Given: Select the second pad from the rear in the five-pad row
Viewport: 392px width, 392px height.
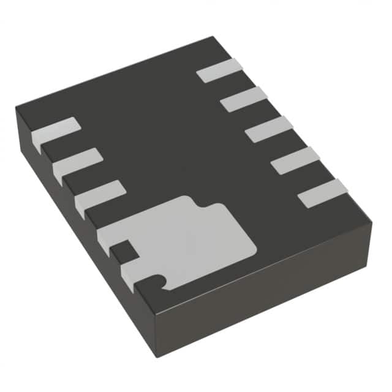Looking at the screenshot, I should coord(244,99).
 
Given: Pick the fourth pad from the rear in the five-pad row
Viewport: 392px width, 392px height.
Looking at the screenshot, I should coord(295,160).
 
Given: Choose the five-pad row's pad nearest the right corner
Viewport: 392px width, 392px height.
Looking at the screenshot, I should coord(322,193).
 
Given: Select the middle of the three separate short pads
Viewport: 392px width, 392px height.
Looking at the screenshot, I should coord(77,163).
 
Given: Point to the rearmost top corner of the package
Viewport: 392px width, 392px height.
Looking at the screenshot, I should coord(213,37).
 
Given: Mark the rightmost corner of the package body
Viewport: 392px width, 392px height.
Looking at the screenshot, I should coord(371,222).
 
